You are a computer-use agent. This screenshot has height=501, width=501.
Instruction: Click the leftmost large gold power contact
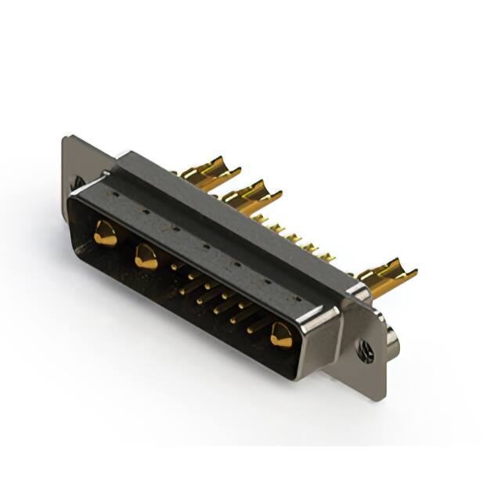tap(104, 233)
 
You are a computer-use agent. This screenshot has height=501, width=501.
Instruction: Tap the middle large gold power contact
tap(146, 256)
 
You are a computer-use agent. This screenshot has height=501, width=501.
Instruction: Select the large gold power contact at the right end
tap(280, 336)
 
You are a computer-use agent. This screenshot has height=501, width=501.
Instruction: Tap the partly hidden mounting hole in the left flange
tap(79, 182)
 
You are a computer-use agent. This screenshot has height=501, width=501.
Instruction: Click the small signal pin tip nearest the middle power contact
tap(174, 267)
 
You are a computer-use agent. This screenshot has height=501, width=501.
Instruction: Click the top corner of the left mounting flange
tap(67, 139)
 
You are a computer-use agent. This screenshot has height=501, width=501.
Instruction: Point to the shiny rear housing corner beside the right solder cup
tap(357, 291)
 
